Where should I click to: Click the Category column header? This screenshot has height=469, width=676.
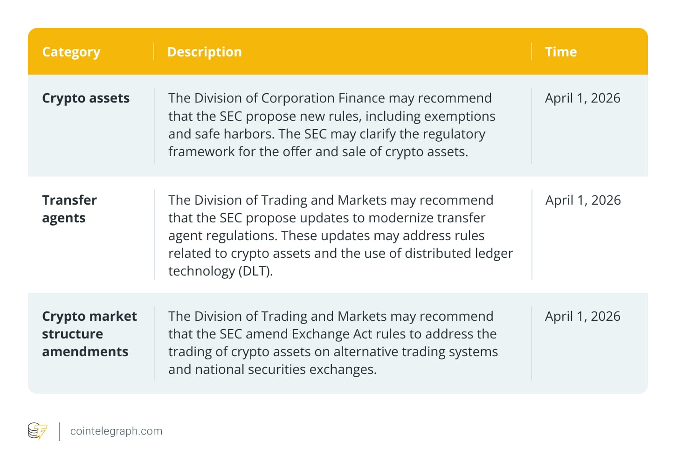click(x=71, y=52)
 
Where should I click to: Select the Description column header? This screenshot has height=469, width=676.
click(x=204, y=52)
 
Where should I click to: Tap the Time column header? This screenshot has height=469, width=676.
click(x=561, y=52)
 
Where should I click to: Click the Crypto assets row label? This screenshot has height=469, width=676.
click(x=86, y=98)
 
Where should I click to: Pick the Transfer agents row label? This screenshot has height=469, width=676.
click(x=69, y=209)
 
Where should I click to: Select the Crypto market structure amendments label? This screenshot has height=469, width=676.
click(x=89, y=334)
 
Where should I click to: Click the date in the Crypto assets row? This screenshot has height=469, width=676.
click(x=583, y=98)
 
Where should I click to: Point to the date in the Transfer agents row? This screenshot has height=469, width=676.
click(x=583, y=200)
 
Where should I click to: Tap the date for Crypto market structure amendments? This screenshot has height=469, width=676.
click(x=583, y=317)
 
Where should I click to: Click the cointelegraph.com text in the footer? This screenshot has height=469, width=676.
click(x=116, y=431)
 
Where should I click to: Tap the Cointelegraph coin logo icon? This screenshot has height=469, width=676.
click(x=37, y=431)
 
